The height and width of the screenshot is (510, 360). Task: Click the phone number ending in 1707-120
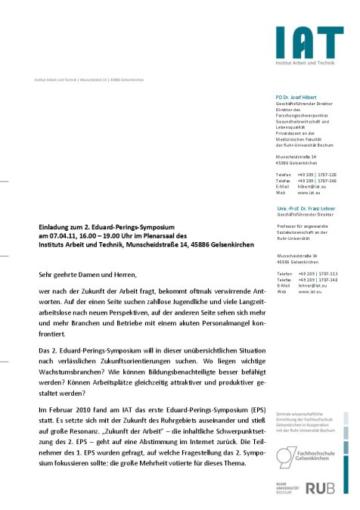tap(317, 174)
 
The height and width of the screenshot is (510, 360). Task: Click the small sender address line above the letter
tap(88, 79)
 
